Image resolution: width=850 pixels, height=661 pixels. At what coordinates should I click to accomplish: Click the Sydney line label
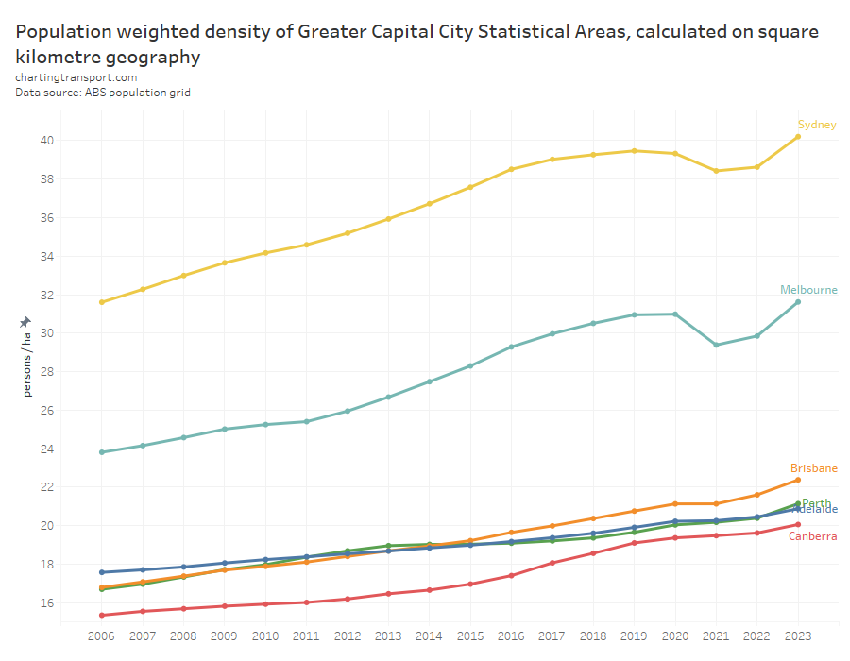pos(817,125)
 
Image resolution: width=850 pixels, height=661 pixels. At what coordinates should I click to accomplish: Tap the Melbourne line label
pos(808,290)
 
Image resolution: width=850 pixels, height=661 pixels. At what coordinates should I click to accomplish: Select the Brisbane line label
pos(814,468)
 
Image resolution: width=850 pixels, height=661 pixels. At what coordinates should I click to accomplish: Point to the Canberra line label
pos(813,536)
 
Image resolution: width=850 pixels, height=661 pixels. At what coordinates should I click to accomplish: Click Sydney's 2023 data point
pos(798,136)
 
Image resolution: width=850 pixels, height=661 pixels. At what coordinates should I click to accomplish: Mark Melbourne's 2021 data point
pos(716,345)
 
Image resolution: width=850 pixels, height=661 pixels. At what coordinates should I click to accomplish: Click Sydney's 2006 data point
pos(101,302)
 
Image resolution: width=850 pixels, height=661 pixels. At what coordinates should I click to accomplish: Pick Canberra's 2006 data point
pos(101,615)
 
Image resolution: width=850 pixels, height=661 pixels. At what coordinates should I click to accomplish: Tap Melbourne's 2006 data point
pos(101,452)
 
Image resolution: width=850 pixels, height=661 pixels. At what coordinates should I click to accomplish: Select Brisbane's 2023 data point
pos(798,480)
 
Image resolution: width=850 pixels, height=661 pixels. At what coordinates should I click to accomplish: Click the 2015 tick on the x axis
pos(470,638)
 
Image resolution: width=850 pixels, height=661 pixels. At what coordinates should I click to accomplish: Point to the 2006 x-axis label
pos(101,638)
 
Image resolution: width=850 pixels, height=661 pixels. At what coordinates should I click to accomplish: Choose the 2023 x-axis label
pos(798,638)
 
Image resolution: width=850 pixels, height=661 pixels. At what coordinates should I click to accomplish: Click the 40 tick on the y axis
pos(45,141)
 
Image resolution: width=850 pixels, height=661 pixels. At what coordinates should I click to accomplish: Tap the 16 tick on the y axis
pos(45,602)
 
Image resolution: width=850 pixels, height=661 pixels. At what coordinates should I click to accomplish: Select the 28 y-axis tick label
pos(45,372)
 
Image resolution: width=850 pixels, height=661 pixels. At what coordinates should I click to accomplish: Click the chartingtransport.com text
pos(76,77)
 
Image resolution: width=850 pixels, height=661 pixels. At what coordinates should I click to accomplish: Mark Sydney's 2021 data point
pos(716,171)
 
